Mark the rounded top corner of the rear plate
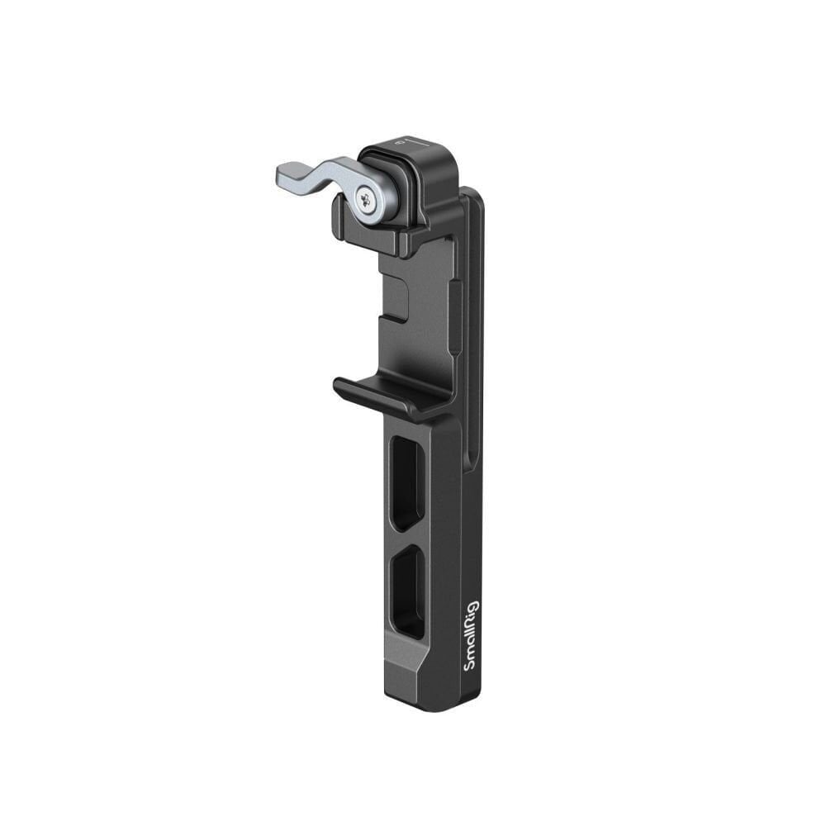tap(474, 195)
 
